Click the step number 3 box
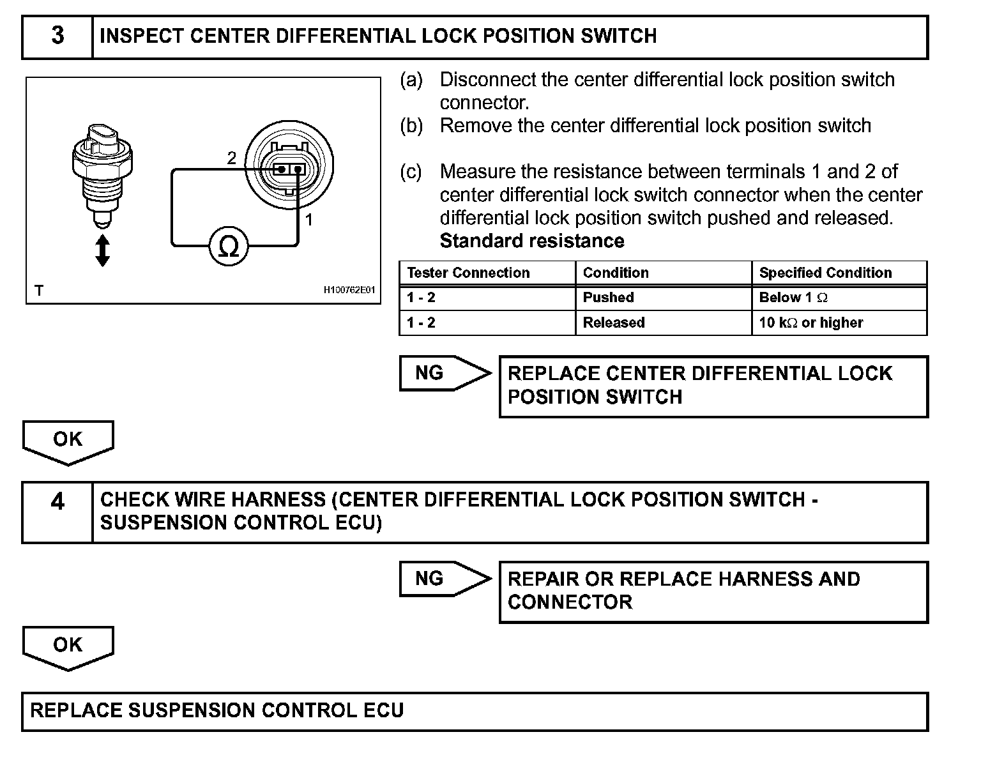(57, 36)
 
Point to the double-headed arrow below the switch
(102, 250)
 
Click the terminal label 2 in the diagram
(231, 158)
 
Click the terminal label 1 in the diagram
(309, 220)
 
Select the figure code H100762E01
(349, 291)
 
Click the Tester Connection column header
(468, 273)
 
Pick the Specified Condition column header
(825, 273)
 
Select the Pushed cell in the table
(608, 298)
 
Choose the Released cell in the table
(614, 323)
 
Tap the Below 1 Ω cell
(793, 298)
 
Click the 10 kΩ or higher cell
(811, 323)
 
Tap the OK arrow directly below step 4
(68, 646)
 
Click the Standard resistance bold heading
(532, 241)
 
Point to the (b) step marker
(411, 126)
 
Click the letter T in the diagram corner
(39, 291)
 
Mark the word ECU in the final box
(383, 711)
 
